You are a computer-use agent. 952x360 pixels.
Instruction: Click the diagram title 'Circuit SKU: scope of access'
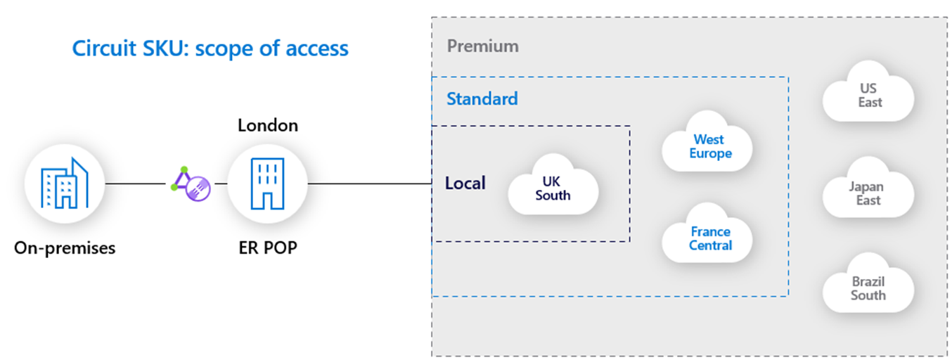coord(210,49)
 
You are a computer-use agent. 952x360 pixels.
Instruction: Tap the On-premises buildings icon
coord(65,184)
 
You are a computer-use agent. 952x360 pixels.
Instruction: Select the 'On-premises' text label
coord(65,247)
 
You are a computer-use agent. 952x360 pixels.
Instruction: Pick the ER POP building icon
coord(267,184)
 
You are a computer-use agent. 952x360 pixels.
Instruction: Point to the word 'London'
coord(267,126)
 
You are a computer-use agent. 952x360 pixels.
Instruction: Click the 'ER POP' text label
coord(267,247)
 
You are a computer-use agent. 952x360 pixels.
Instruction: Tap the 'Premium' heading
coord(483,46)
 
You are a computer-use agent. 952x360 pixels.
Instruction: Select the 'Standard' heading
coord(482,98)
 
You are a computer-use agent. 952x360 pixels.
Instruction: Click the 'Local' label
coord(465,184)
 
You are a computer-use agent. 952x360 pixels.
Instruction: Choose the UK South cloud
coord(553,188)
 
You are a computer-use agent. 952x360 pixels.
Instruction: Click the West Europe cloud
coord(708,146)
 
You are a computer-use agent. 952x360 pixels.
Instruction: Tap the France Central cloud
coord(708,238)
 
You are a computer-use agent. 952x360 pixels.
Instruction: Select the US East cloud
coord(868,96)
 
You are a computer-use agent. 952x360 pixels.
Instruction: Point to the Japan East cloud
coord(868,193)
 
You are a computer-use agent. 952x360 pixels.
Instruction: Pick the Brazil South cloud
coord(868,288)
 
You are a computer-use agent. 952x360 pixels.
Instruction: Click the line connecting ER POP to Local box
coord(369,184)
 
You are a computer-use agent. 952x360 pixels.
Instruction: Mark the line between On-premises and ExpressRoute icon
coord(135,184)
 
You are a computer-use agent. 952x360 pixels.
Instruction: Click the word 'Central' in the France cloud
coord(710,245)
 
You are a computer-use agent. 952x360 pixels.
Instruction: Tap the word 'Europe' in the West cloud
coord(710,153)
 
